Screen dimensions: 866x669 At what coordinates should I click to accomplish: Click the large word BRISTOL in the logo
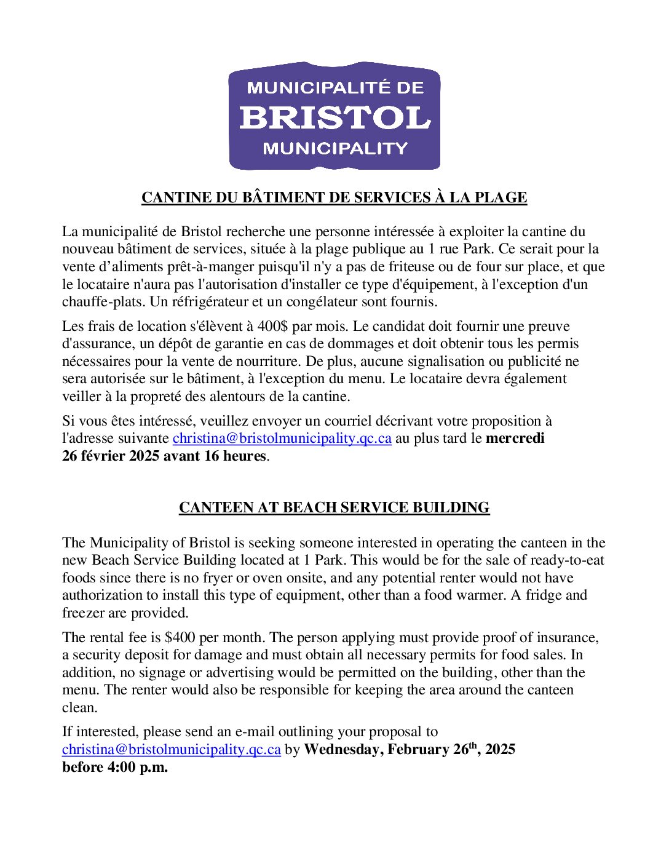tap(334, 117)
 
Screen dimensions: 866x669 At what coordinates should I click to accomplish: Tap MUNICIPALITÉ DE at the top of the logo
tap(334, 87)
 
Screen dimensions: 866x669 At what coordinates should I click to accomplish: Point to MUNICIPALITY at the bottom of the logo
tap(334, 148)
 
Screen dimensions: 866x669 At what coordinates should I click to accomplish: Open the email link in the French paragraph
tap(282, 439)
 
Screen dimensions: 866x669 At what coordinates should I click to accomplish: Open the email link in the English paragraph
tap(171, 750)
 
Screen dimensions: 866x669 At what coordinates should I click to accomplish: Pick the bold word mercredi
tap(515, 439)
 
